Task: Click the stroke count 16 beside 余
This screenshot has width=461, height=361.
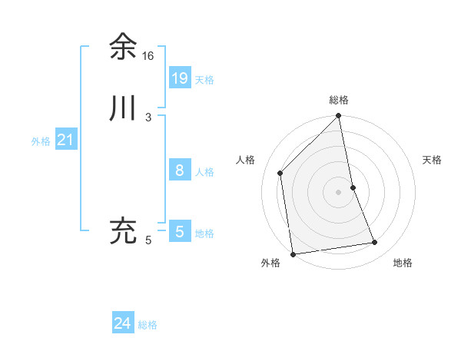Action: (x=148, y=56)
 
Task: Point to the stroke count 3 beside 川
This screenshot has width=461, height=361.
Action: (x=148, y=118)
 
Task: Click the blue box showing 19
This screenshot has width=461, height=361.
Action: (x=180, y=78)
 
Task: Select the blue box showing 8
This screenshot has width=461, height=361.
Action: (x=180, y=171)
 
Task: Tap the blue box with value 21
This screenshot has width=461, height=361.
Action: (x=66, y=140)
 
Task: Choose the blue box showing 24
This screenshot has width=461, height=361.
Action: (x=123, y=324)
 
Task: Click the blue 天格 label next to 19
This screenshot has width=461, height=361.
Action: (x=204, y=80)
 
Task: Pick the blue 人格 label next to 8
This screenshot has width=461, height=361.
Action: (x=204, y=172)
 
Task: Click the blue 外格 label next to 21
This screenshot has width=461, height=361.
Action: (x=41, y=141)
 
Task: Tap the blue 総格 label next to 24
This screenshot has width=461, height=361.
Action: (x=148, y=326)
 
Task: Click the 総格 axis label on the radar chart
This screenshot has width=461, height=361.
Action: (x=339, y=100)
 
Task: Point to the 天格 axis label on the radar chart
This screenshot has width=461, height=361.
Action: (x=432, y=160)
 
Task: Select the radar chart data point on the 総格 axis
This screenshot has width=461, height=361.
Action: (x=339, y=117)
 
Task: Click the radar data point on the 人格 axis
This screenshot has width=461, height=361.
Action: (x=280, y=173)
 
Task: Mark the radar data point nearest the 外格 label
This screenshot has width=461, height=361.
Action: (x=293, y=253)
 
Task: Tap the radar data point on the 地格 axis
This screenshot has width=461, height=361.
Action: (x=375, y=243)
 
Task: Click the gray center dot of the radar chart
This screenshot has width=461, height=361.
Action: (x=339, y=192)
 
